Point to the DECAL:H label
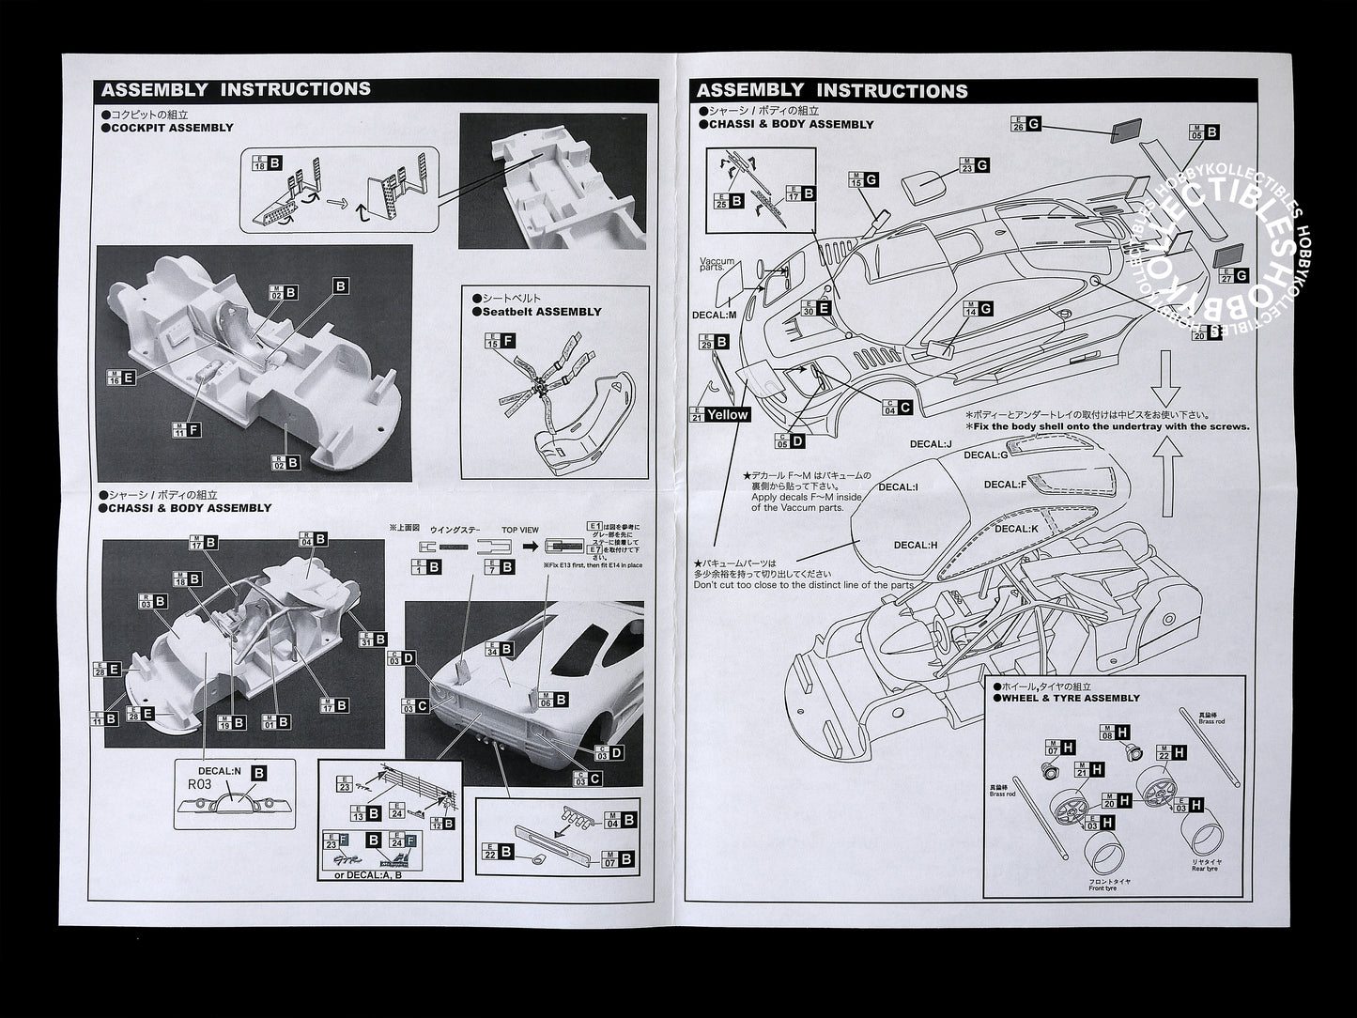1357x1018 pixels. pos(915,545)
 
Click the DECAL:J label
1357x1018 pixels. pos(931,444)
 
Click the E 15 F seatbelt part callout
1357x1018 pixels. pos(501,343)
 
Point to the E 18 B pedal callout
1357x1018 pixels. pos(268,163)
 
